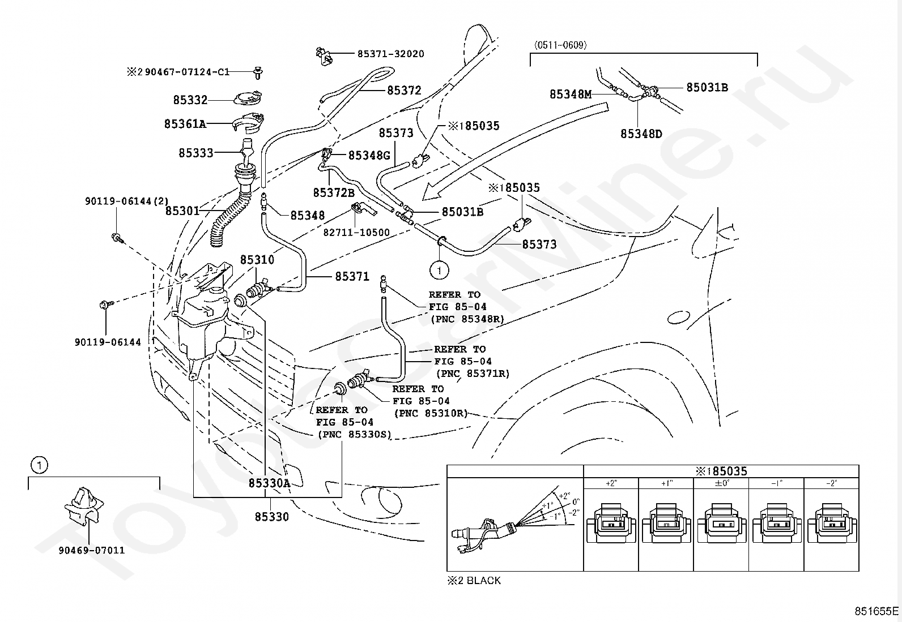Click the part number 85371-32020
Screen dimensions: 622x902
390,54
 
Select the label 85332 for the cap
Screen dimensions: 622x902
190,100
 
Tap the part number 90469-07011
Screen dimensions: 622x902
91,550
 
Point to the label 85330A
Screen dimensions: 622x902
269,483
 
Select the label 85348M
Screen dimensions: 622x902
570,95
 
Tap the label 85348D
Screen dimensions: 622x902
641,134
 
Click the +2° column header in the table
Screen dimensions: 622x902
611,483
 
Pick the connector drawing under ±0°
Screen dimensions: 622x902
721,524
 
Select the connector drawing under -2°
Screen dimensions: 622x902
831,524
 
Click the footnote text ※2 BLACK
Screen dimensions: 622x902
474,581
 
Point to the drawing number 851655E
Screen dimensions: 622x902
877,611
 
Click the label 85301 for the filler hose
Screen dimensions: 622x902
182,211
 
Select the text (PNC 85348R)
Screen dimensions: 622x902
467,319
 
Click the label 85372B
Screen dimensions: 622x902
333,192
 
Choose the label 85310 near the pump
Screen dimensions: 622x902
257,260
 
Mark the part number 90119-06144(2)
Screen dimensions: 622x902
119,201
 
